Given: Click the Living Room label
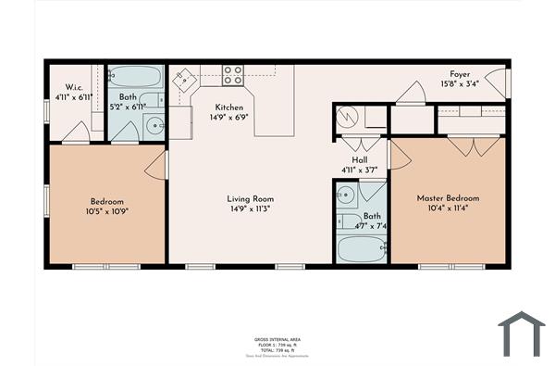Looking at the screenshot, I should [x=251, y=198].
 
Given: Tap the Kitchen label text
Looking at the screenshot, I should [x=228, y=107].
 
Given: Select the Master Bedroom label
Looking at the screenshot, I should [x=449, y=198].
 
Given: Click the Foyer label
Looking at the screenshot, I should [x=460, y=74].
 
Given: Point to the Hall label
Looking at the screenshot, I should [x=348, y=159].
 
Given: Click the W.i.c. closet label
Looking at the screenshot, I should [x=62, y=87].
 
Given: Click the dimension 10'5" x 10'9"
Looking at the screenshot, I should [x=107, y=211].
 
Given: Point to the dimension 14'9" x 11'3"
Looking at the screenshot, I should [x=251, y=208].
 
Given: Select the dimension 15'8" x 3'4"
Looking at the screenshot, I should [x=460, y=84].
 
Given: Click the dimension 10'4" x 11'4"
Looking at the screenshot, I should [x=449, y=208].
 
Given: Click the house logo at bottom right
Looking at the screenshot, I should [x=524, y=334].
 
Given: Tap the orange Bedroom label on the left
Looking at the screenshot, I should [x=107, y=201].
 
